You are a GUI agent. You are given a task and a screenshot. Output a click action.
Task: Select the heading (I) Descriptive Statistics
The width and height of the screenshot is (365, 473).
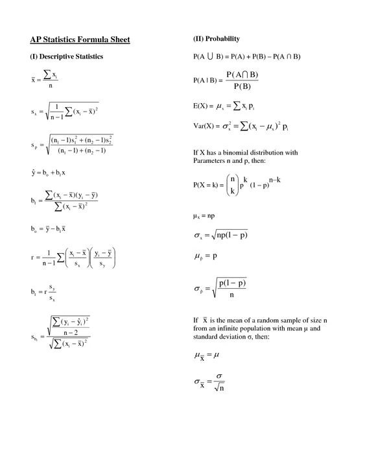click(x=67, y=56)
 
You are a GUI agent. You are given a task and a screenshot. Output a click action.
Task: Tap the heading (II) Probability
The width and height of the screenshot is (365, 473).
click(x=217, y=38)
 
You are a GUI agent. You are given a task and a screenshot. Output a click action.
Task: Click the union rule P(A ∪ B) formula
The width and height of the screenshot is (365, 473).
click(x=247, y=56)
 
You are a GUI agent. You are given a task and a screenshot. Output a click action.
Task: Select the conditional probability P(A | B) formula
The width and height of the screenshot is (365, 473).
click(x=226, y=80)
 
